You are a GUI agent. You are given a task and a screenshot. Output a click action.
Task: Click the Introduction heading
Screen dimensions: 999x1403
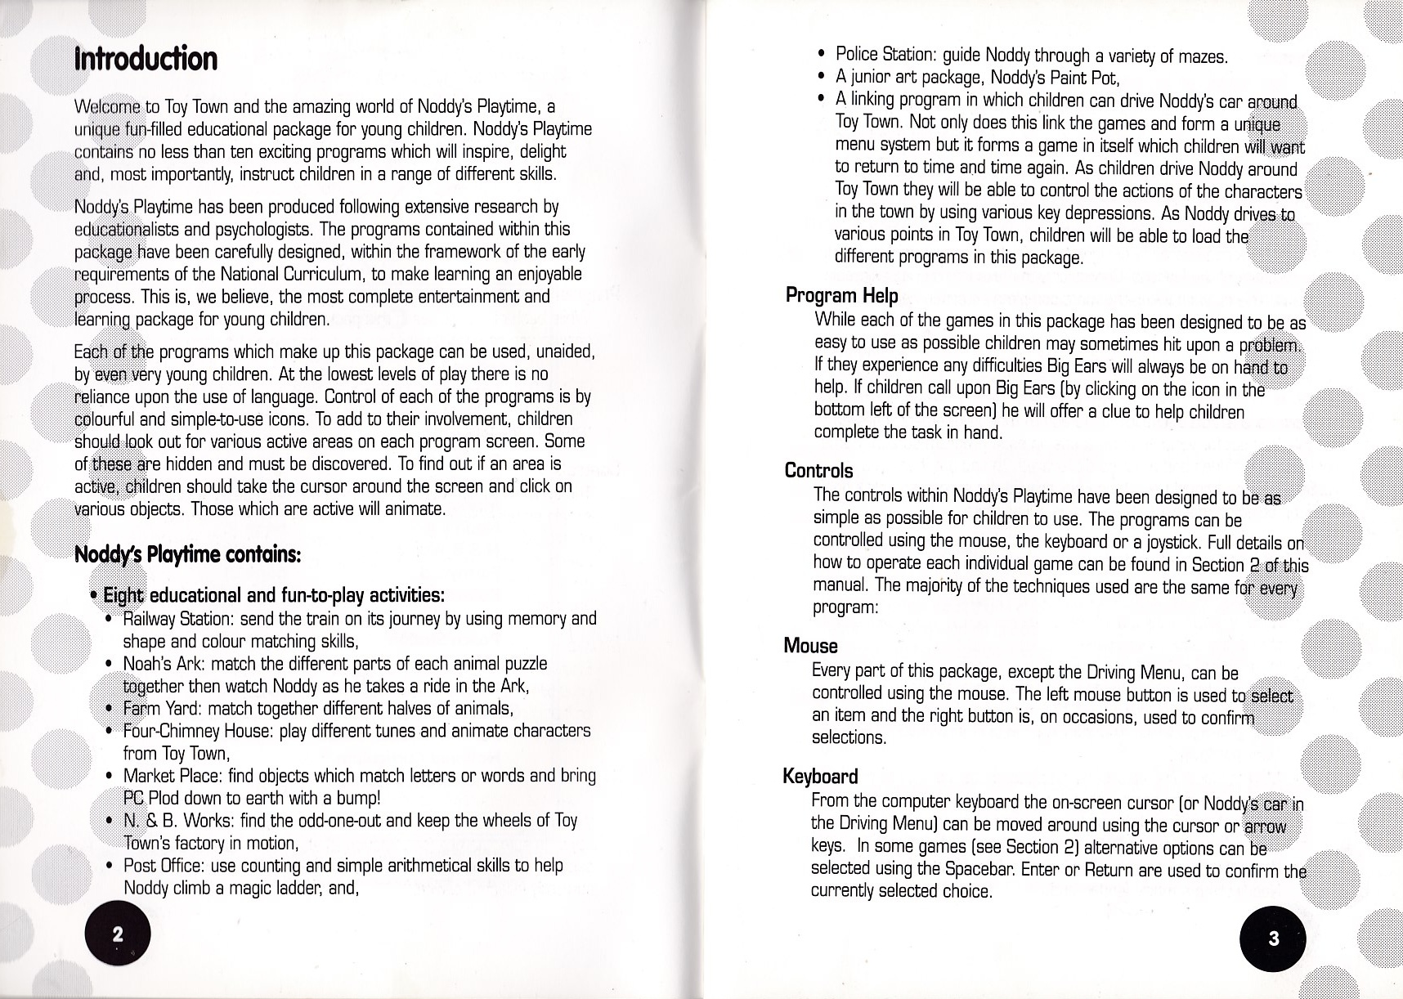pos(146,59)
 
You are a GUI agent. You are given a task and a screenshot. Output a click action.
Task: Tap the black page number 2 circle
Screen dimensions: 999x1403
pos(118,935)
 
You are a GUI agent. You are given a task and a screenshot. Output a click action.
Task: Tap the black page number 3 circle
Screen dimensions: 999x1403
pos(1273,939)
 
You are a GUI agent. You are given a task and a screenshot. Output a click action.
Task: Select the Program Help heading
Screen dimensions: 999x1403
pos(841,295)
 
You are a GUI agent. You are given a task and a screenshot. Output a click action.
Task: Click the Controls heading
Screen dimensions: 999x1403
pos(818,471)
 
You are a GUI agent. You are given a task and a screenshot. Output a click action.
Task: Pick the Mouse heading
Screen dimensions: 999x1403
pos(810,646)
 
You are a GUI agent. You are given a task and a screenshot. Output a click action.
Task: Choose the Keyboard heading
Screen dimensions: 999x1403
pos(820,776)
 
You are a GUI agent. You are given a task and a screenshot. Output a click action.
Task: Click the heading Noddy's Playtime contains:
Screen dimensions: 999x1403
pos(188,555)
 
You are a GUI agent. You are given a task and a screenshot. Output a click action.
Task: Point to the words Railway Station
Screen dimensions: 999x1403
pos(168,619)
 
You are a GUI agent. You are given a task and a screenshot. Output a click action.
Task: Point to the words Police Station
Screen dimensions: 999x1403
pos(885,56)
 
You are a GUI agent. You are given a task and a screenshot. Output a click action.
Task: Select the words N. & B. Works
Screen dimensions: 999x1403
pos(168,820)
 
